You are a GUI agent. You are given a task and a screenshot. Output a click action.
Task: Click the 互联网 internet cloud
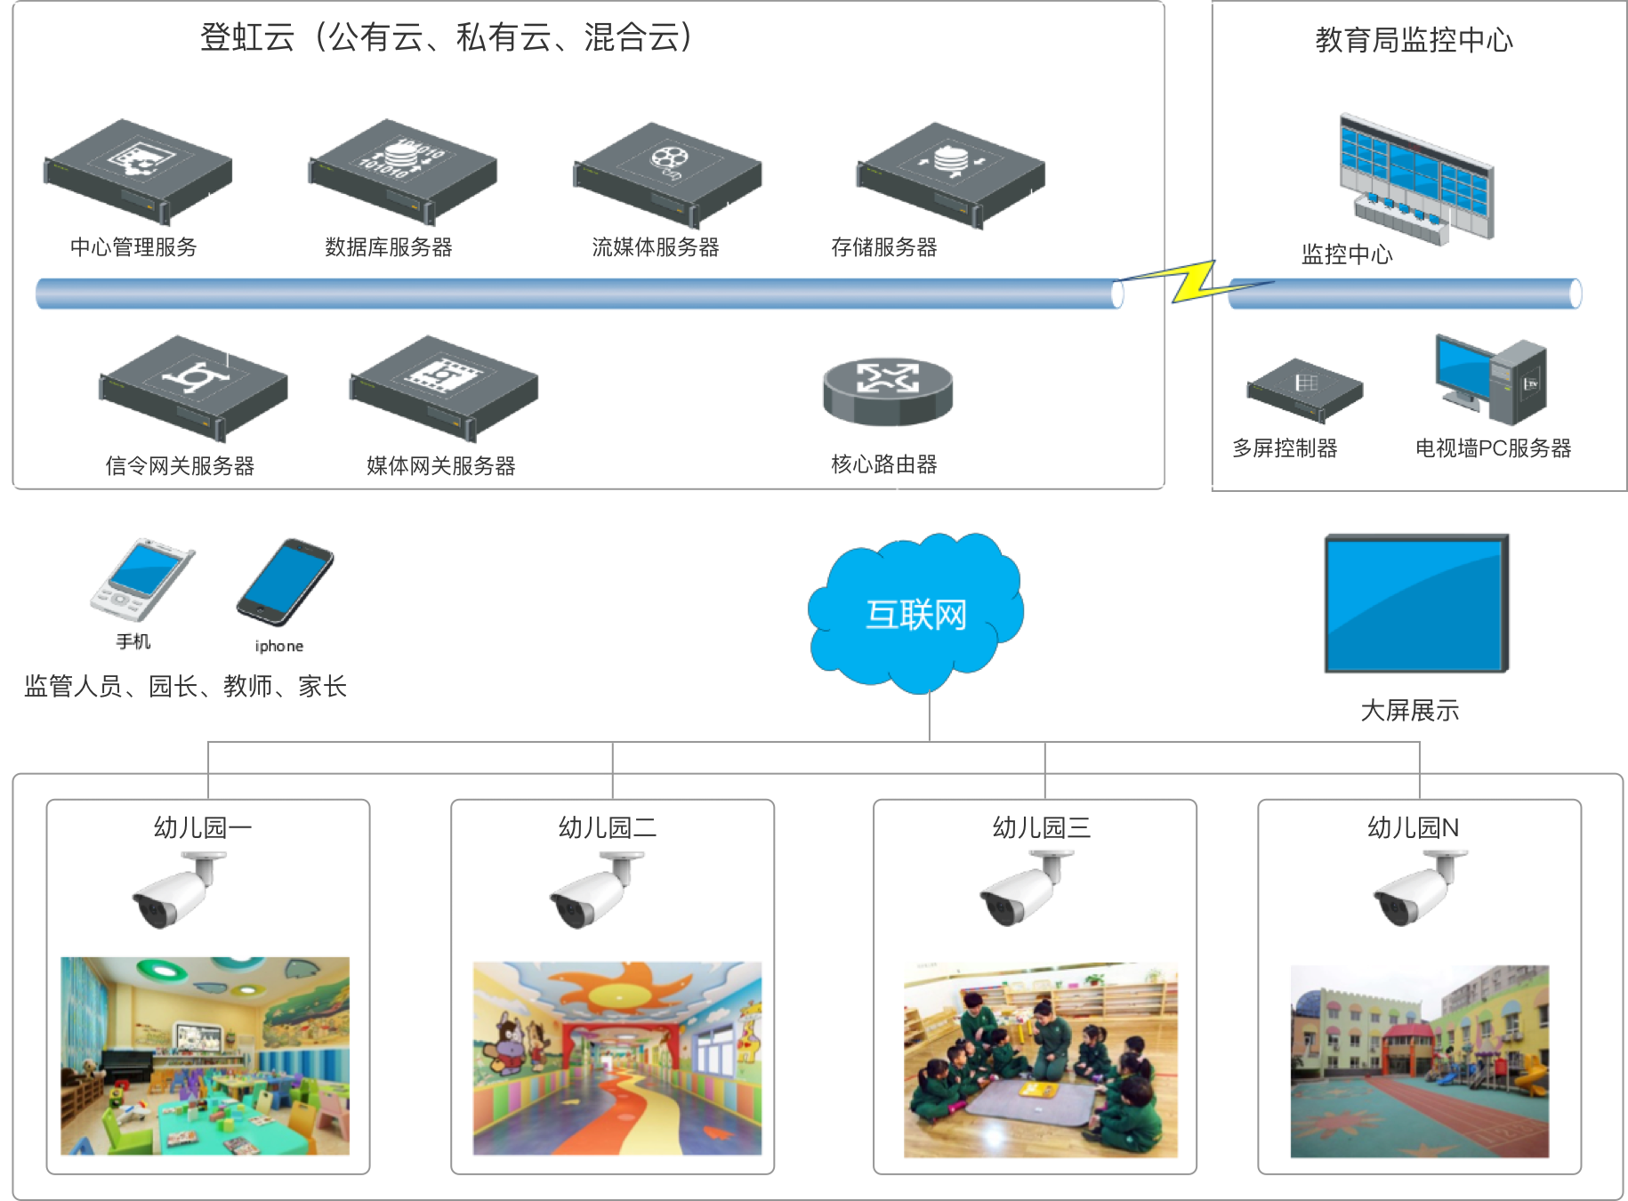[x=915, y=613]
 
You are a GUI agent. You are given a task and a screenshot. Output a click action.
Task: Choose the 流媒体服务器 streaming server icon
[x=667, y=173]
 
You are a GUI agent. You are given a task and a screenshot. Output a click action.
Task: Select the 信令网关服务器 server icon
[x=192, y=387]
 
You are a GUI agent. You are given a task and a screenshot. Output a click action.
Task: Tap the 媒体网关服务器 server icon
[x=443, y=387]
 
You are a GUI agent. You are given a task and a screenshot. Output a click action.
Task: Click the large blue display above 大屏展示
[x=1416, y=603]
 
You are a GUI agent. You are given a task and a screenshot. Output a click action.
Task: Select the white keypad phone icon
[x=141, y=578]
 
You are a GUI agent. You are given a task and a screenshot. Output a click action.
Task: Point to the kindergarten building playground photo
[x=1419, y=1061]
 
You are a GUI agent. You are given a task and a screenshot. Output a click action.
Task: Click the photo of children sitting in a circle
[x=1041, y=1060]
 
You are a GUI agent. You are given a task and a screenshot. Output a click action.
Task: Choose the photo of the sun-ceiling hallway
[x=617, y=1059]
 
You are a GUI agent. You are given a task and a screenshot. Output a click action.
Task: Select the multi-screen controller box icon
[x=1304, y=390]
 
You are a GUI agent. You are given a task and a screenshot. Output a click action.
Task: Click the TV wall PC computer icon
[x=1491, y=380]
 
